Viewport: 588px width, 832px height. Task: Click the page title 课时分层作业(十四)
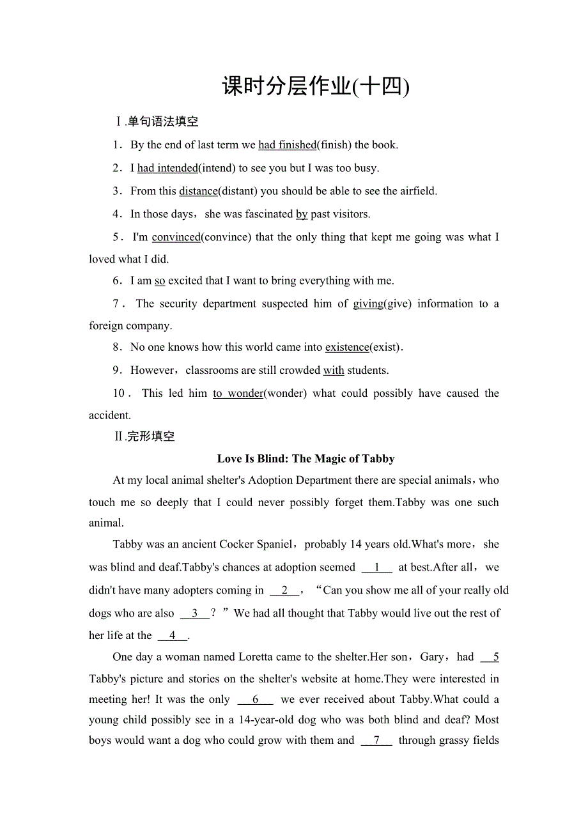tap(315, 86)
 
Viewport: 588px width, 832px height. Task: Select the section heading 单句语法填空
tap(162, 121)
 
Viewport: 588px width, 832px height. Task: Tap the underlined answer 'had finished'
tap(287, 145)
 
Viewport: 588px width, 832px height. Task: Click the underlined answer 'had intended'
tap(167, 168)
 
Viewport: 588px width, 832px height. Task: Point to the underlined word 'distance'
tap(198, 191)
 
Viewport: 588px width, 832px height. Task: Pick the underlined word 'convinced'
tap(176, 237)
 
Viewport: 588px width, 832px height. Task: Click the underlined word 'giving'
tap(368, 304)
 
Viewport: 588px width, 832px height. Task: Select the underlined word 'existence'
tap(347, 347)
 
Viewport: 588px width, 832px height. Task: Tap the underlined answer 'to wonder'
tap(238, 393)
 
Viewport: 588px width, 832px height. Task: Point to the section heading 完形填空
tap(150, 436)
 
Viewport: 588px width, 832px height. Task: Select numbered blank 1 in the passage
tap(377, 567)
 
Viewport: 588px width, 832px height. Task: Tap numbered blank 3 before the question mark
tap(195, 613)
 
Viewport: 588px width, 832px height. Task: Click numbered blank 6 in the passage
tap(255, 699)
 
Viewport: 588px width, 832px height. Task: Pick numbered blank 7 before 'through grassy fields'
tap(376, 740)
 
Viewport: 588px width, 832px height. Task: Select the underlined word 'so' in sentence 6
tap(160, 281)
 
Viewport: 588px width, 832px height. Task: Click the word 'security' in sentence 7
tap(178, 304)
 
